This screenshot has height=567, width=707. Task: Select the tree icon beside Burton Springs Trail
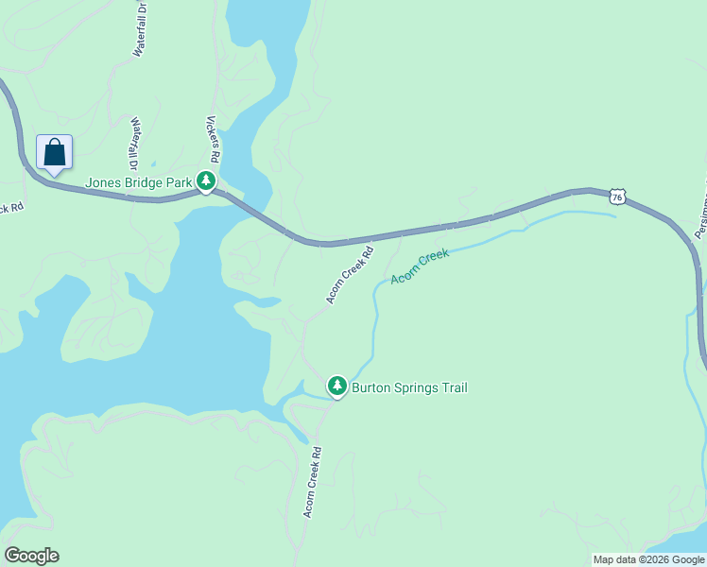[x=336, y=387]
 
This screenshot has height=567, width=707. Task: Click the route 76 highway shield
[x=617, y=196]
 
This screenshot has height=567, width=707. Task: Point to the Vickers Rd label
[x=214, y=139]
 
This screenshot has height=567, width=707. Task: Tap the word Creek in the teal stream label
[x=434, y=258]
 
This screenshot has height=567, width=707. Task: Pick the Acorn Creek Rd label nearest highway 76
[x=351, y=275]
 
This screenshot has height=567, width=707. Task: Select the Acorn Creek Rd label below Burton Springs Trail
[x=313, y=481]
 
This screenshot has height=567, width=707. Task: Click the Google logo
[x=31, y=556]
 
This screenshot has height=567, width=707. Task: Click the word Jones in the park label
[x=101, y=182]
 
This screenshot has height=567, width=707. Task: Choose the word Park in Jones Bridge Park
[x=179, y=182]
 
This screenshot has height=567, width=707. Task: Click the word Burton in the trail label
[x=371, y=387]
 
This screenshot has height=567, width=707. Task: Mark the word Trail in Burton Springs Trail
[x=454, y=387]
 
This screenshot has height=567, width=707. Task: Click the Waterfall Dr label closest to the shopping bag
[x=135, y=138]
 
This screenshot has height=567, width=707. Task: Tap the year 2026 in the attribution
[x=655, y=559]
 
